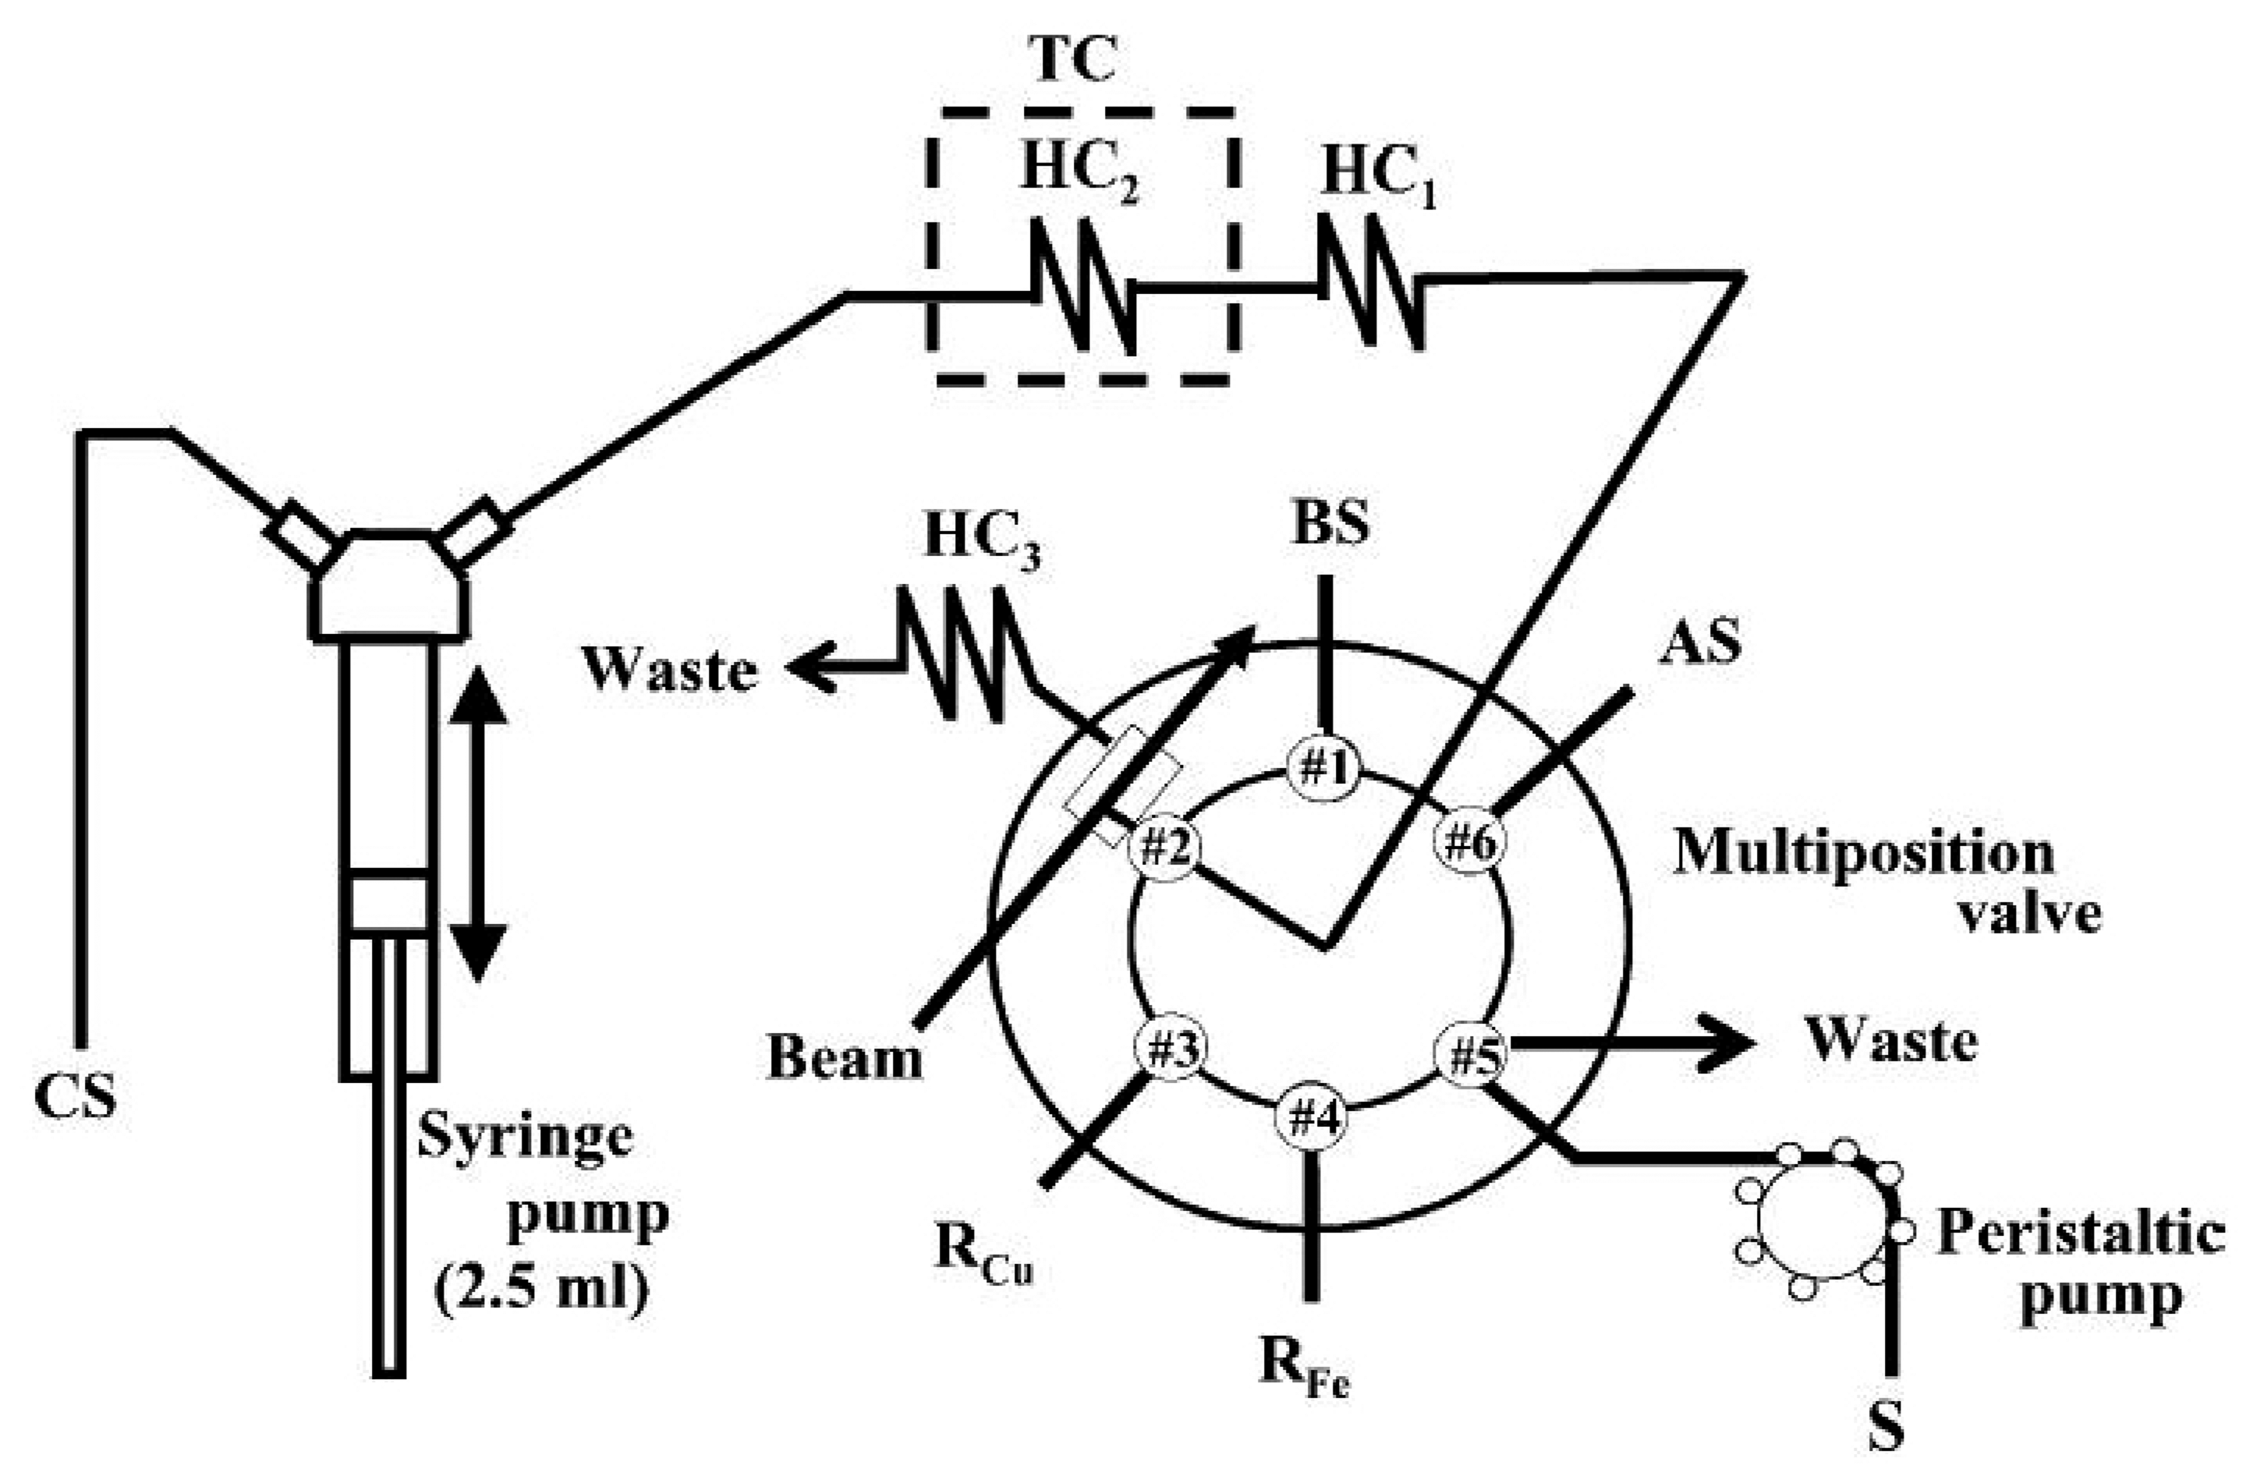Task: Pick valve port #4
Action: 1312,1119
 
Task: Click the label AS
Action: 1700,644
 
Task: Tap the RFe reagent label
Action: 1304,1365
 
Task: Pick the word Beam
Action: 844,1058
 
